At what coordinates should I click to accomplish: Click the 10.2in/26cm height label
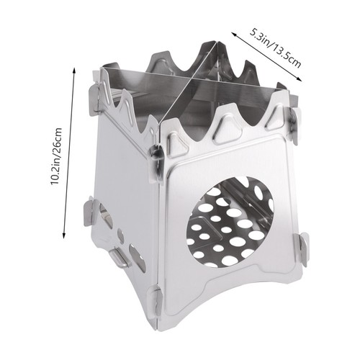tap(56, 156)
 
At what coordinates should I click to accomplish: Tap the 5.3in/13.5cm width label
tap(275, 48)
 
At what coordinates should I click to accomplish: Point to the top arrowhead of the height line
tap(74, 70)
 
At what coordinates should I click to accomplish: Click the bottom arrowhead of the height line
tap(64, 235)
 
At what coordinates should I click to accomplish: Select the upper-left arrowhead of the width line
tap(234, 34)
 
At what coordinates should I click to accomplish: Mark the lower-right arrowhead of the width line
tap(299, 79)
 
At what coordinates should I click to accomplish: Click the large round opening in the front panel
tap(230, 222)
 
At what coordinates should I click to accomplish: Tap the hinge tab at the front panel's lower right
tap(303, 250)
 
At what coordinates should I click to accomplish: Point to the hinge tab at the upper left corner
tap(94, 99)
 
